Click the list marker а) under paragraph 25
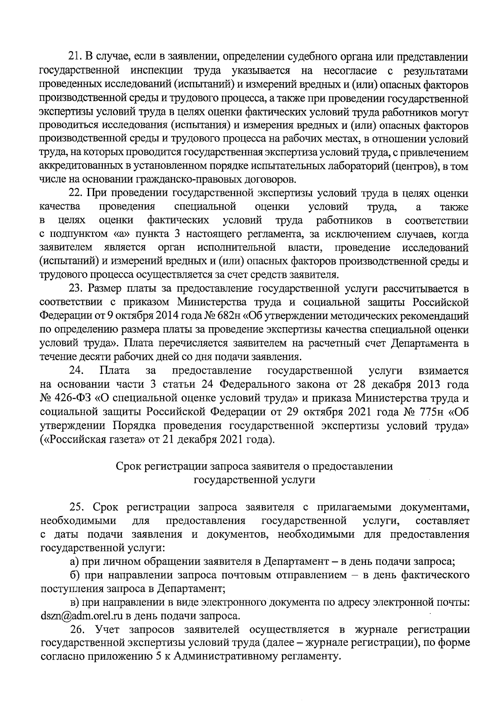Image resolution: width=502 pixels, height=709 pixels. [75, 562]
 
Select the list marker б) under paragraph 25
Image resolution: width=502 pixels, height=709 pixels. [75, 576]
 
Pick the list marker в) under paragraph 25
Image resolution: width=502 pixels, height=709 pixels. [75, 603]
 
